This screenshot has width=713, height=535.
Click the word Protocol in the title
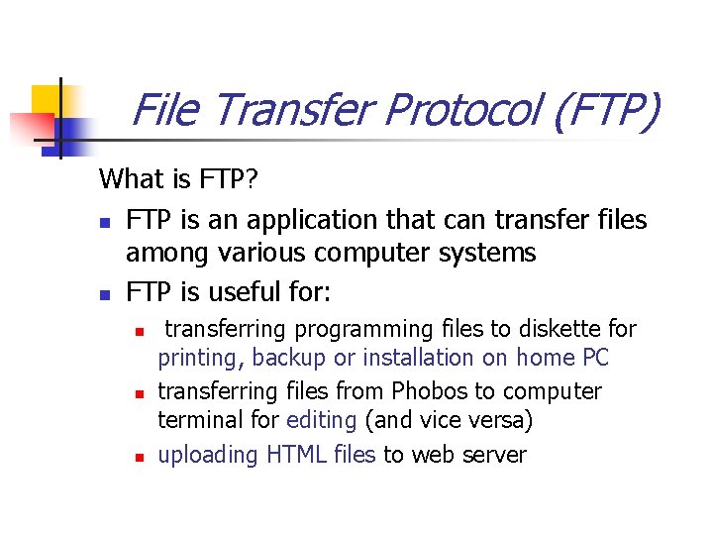point(463,110)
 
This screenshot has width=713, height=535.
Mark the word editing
point(321,420)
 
